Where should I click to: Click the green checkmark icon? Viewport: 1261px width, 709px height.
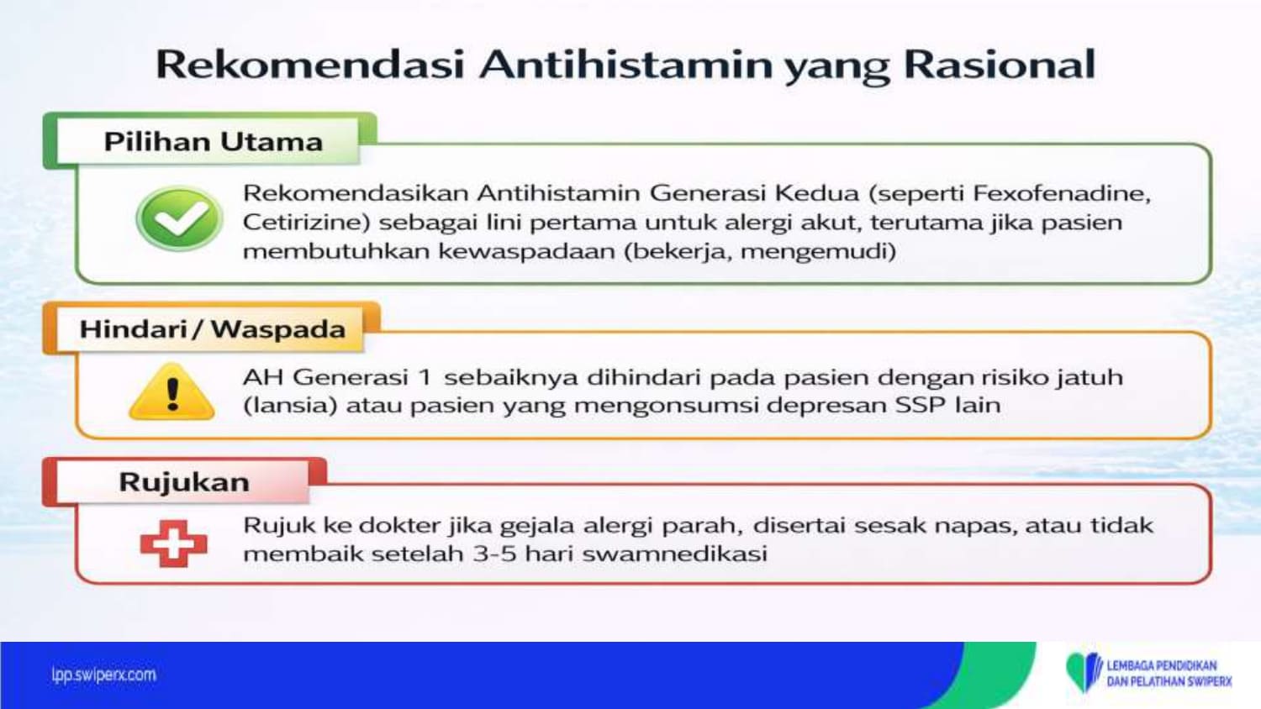[180, 218]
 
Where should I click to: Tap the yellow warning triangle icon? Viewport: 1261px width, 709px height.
[171, 391]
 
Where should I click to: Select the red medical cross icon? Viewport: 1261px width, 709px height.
[173, 544]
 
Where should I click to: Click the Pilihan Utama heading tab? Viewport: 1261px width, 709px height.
[214, 141]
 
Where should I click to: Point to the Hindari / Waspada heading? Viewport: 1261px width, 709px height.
[213, 329]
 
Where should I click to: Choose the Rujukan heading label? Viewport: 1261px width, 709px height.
[184, 482]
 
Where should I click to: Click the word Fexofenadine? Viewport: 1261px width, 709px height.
[1062, 193]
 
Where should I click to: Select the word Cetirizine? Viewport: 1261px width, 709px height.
[306, 223]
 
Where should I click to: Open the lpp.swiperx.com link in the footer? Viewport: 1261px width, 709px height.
[104, 675]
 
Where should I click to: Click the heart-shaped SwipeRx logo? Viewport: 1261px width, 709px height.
[1083, 672]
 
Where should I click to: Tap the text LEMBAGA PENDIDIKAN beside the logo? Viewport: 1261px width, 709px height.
[1162, 665]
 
